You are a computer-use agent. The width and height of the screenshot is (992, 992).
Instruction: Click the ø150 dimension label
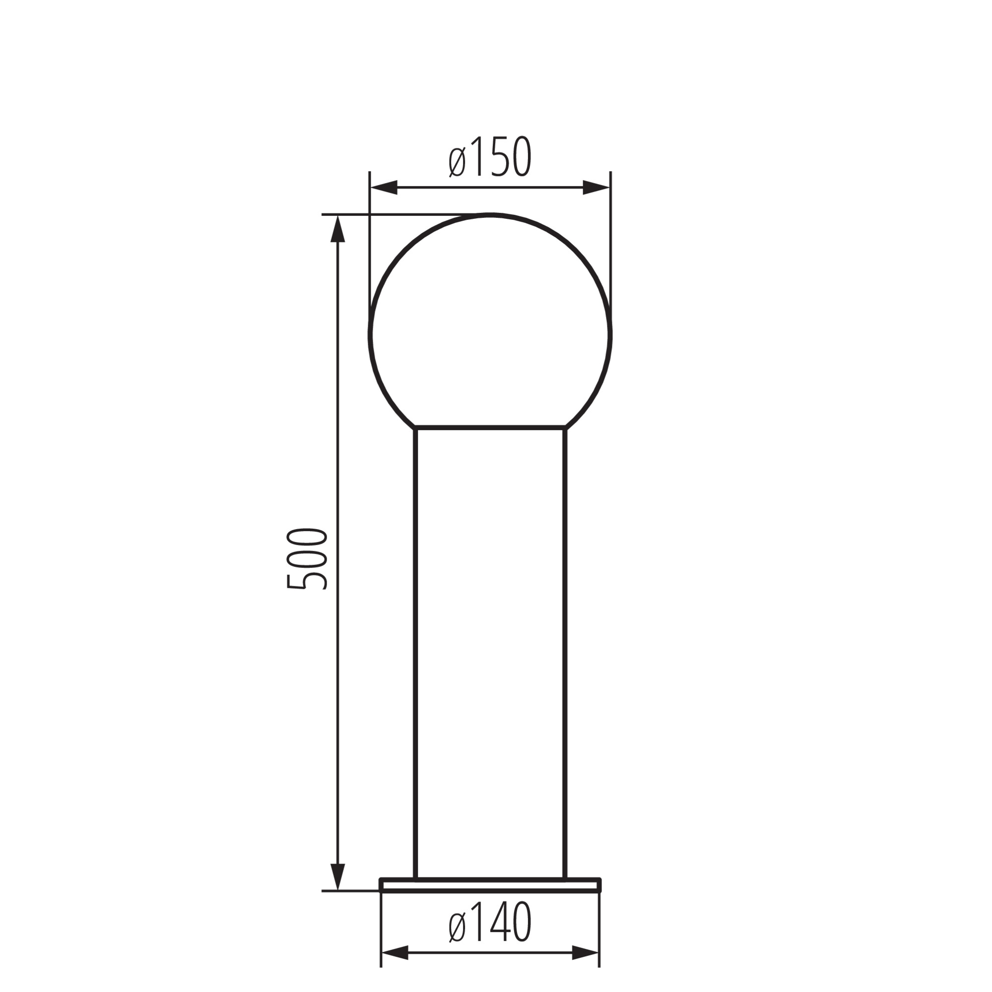pyautogui.click(x=489, y=157)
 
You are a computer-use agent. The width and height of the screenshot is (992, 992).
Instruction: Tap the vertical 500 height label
pyautogui.click(x=307, y=558)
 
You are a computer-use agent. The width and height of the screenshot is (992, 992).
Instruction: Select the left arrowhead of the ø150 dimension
pyautogui.click(x=384, y=188)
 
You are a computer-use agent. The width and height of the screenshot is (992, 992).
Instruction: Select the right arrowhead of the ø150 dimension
pyautogui.click(x=596, y=188)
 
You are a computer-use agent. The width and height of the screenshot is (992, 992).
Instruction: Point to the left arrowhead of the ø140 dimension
pyautogui.click(x=395, y=967)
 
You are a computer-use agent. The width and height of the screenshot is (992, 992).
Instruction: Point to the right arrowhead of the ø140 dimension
pyautogui.click(x=586, y=967)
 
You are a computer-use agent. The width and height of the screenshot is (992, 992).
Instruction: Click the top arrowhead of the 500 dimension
pyautogui.click(x=337, y=229)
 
